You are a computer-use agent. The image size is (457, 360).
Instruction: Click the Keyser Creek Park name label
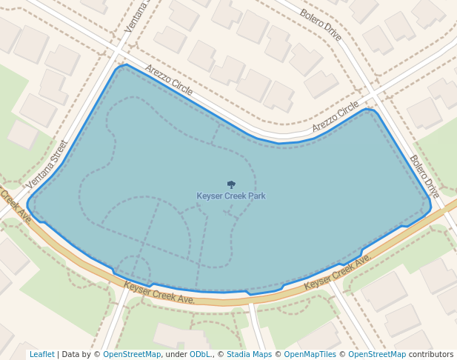pyautogui.click(x=230, y=196)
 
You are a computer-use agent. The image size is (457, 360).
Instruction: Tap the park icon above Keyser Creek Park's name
pyautogui.click(x=231, y=184)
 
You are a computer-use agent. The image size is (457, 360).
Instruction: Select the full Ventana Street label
pyautogui.click(x=47, y=164)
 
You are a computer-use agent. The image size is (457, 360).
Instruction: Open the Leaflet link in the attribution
pyautogui.click(x=41, y=355)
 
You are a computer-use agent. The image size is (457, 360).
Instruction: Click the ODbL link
pyautogui.click(x=201, y=355)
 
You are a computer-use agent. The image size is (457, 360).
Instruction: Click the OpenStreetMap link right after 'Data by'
pyautogui.click(x=132, y=355)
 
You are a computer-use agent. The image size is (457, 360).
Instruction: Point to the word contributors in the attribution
pyautogui.click(x=431, y=355)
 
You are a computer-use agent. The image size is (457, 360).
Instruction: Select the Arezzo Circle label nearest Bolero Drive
pyautogui.click(x=336, y=117)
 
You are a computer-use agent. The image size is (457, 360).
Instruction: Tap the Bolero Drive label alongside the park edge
pyautogui.click(x=424, y=176)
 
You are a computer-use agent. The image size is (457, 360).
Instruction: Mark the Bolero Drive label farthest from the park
pyautogui.click(x=321, y=24)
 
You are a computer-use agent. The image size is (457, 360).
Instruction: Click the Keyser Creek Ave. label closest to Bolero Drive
pyautogui.click(x=338, y=272)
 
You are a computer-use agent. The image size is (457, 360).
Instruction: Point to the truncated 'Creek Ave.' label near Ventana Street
pyautogui.click(x=15, y=206)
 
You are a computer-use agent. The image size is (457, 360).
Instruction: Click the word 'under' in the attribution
pyautogui.click(x=176, y=355)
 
